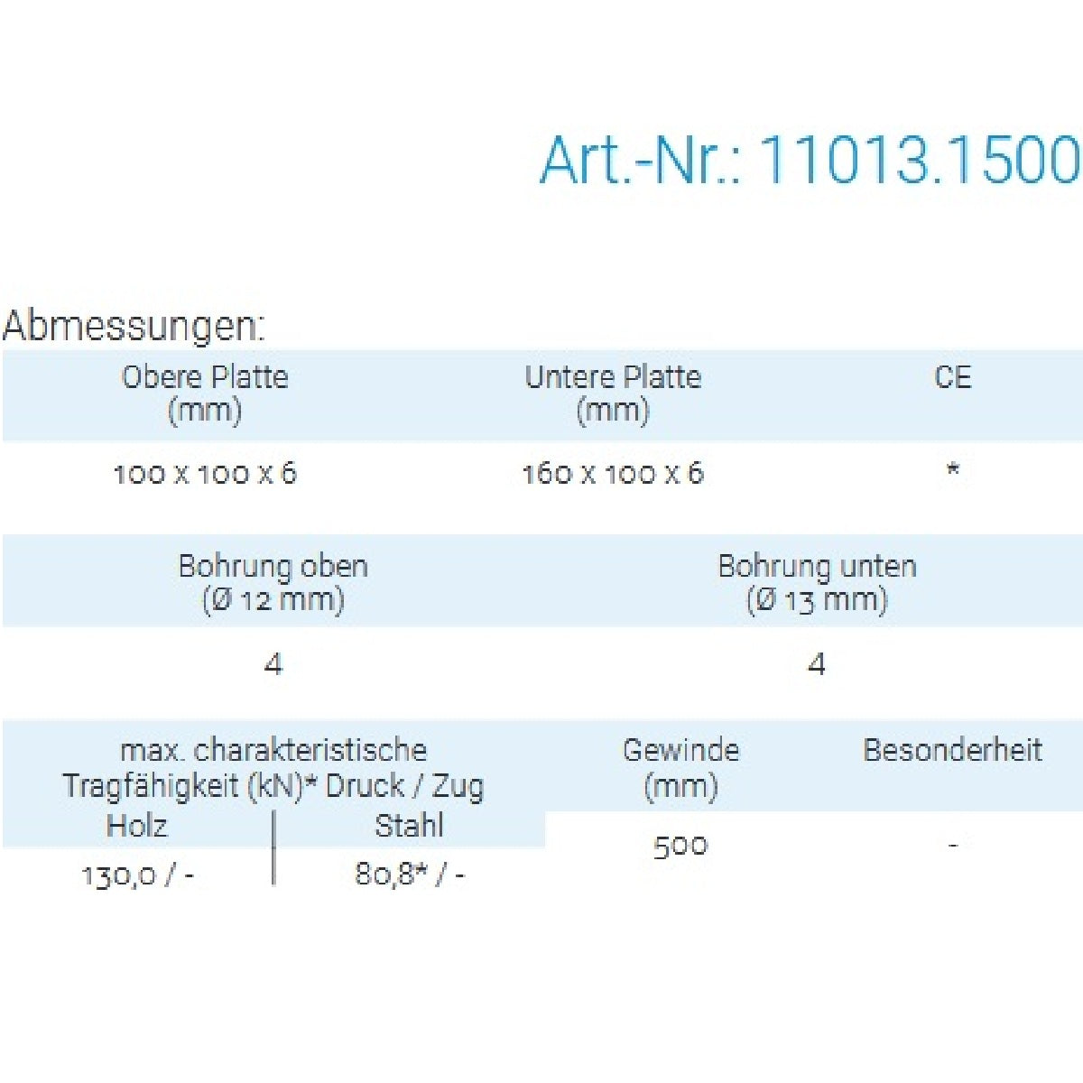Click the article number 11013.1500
920,160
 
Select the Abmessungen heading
134,326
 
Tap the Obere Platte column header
205,394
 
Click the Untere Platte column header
613,394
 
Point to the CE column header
953,377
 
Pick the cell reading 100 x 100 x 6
205,474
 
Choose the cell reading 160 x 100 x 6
613,474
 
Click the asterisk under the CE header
953,469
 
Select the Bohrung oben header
273,583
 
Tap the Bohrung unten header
817,583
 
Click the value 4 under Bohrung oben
273,665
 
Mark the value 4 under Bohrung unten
817,665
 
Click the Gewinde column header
680,768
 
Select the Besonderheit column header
953,750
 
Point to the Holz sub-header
136,826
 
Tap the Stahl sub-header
409,826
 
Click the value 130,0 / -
137,875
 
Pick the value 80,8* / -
410,875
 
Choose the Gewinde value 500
680,847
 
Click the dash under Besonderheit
953,845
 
